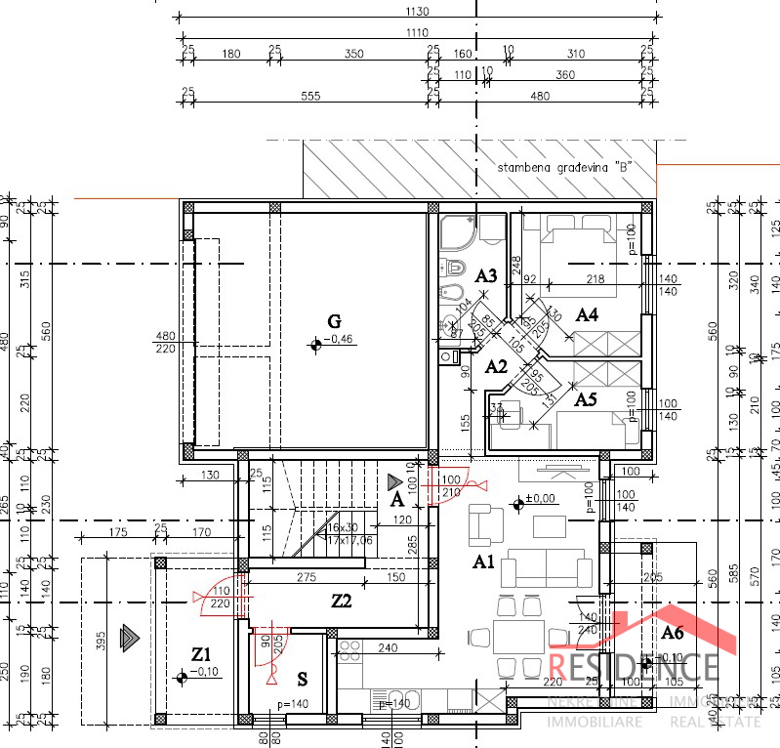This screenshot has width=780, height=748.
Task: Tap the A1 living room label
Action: click(x=484, y=561)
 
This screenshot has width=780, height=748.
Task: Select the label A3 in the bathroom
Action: click(x=486, y=276)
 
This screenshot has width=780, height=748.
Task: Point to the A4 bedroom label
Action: click(x=586, y=314)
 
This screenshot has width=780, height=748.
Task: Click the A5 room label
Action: click(x=586, y=398)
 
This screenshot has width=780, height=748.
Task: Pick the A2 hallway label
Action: click(x=497, y=367)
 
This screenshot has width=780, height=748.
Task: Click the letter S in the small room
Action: click(x=303, y=678)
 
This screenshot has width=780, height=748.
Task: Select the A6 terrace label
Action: click(x=673, y=634)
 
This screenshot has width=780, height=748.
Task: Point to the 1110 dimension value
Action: click(x=417, y=33)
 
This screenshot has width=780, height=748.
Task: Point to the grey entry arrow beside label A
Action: click(x=394, y=481)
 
